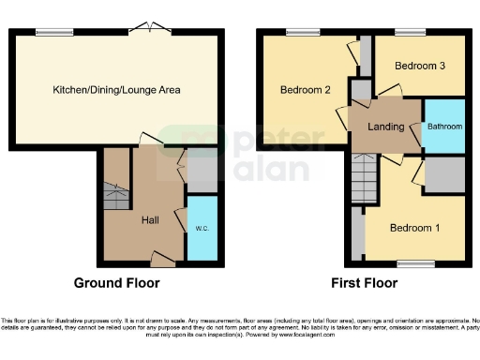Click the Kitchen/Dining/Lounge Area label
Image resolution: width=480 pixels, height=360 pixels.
click(116, 90)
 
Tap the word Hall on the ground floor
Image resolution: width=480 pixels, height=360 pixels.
click(149, 220)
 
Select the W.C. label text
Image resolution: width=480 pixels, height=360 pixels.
click(202, 228)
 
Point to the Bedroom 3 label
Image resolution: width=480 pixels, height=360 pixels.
click(419, 66)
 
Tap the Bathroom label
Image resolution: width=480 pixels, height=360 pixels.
click(444, 126)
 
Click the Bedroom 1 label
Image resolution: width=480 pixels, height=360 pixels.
click(412, 227)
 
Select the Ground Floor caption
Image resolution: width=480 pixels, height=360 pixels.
click(116, 282)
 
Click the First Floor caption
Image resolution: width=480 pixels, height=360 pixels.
click(365, 282)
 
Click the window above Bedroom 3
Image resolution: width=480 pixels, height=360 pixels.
click(410, 33)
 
